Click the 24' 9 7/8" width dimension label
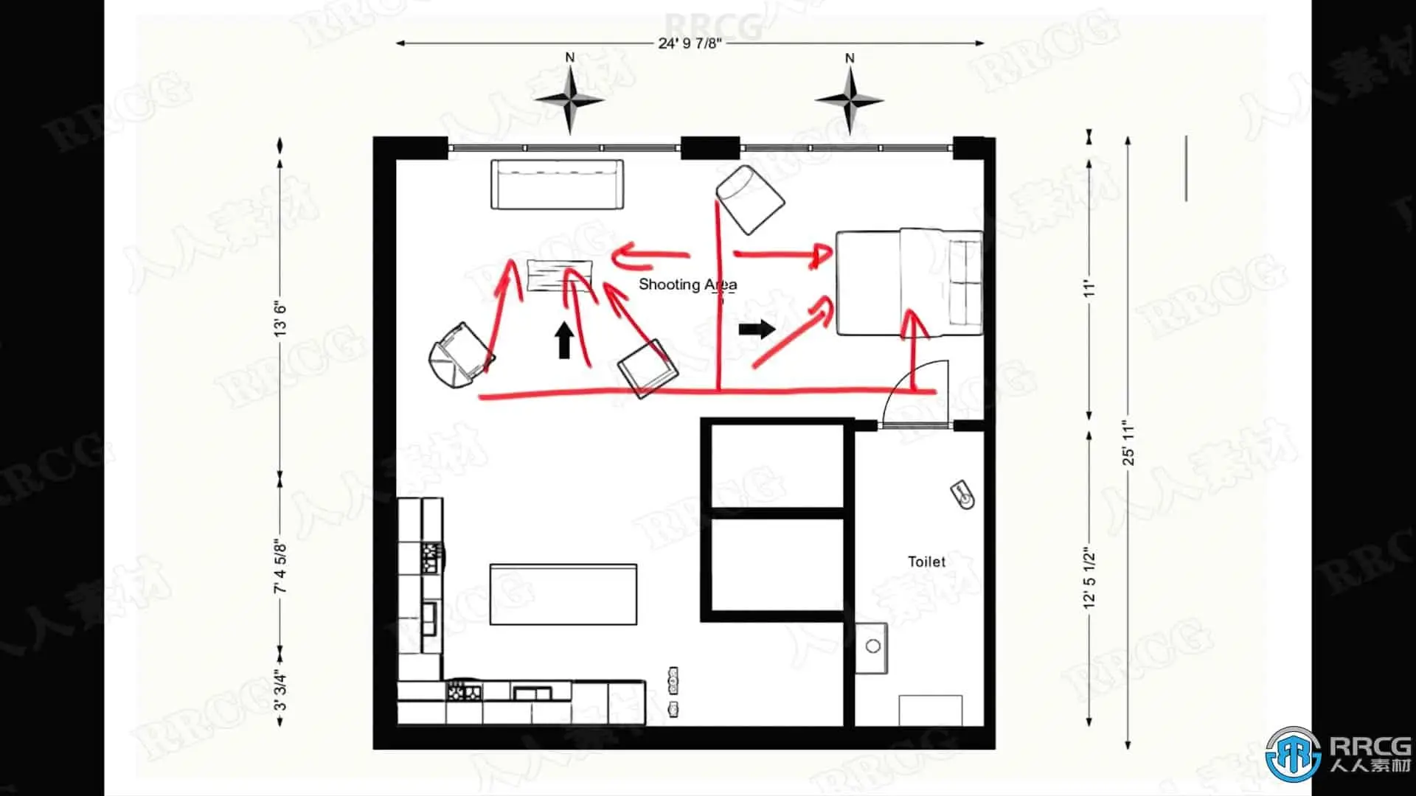(690, 43)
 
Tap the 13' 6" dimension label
(280, 318)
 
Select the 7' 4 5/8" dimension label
(280, 567)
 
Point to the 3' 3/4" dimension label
(280, 691)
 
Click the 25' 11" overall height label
(1128, 443)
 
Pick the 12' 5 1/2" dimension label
(1090, 578)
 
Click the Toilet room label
(926, 562)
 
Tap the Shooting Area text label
(687, 284)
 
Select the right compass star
(850, 99)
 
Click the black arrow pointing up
(565, 341)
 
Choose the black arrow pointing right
(757, 329)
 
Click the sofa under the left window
(556, 184)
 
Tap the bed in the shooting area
(909, 282)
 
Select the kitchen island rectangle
(563, 595)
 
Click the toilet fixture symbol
(962, 495)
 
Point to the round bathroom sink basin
(873, 646)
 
